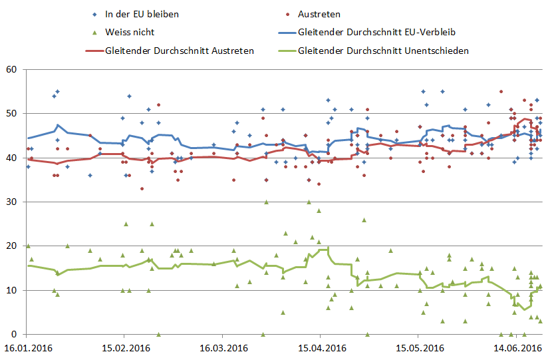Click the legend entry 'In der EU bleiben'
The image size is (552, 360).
(142, 14)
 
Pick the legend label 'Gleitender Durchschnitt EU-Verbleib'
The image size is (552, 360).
(377, 31)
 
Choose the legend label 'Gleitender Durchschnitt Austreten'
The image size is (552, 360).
(179, 50)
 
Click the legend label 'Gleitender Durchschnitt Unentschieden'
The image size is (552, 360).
(384, 50)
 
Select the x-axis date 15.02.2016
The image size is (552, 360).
(125, 348)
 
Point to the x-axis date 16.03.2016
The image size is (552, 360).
(223, 348)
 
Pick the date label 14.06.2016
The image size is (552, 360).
(516, 348)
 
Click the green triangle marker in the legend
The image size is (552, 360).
(96, 31)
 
